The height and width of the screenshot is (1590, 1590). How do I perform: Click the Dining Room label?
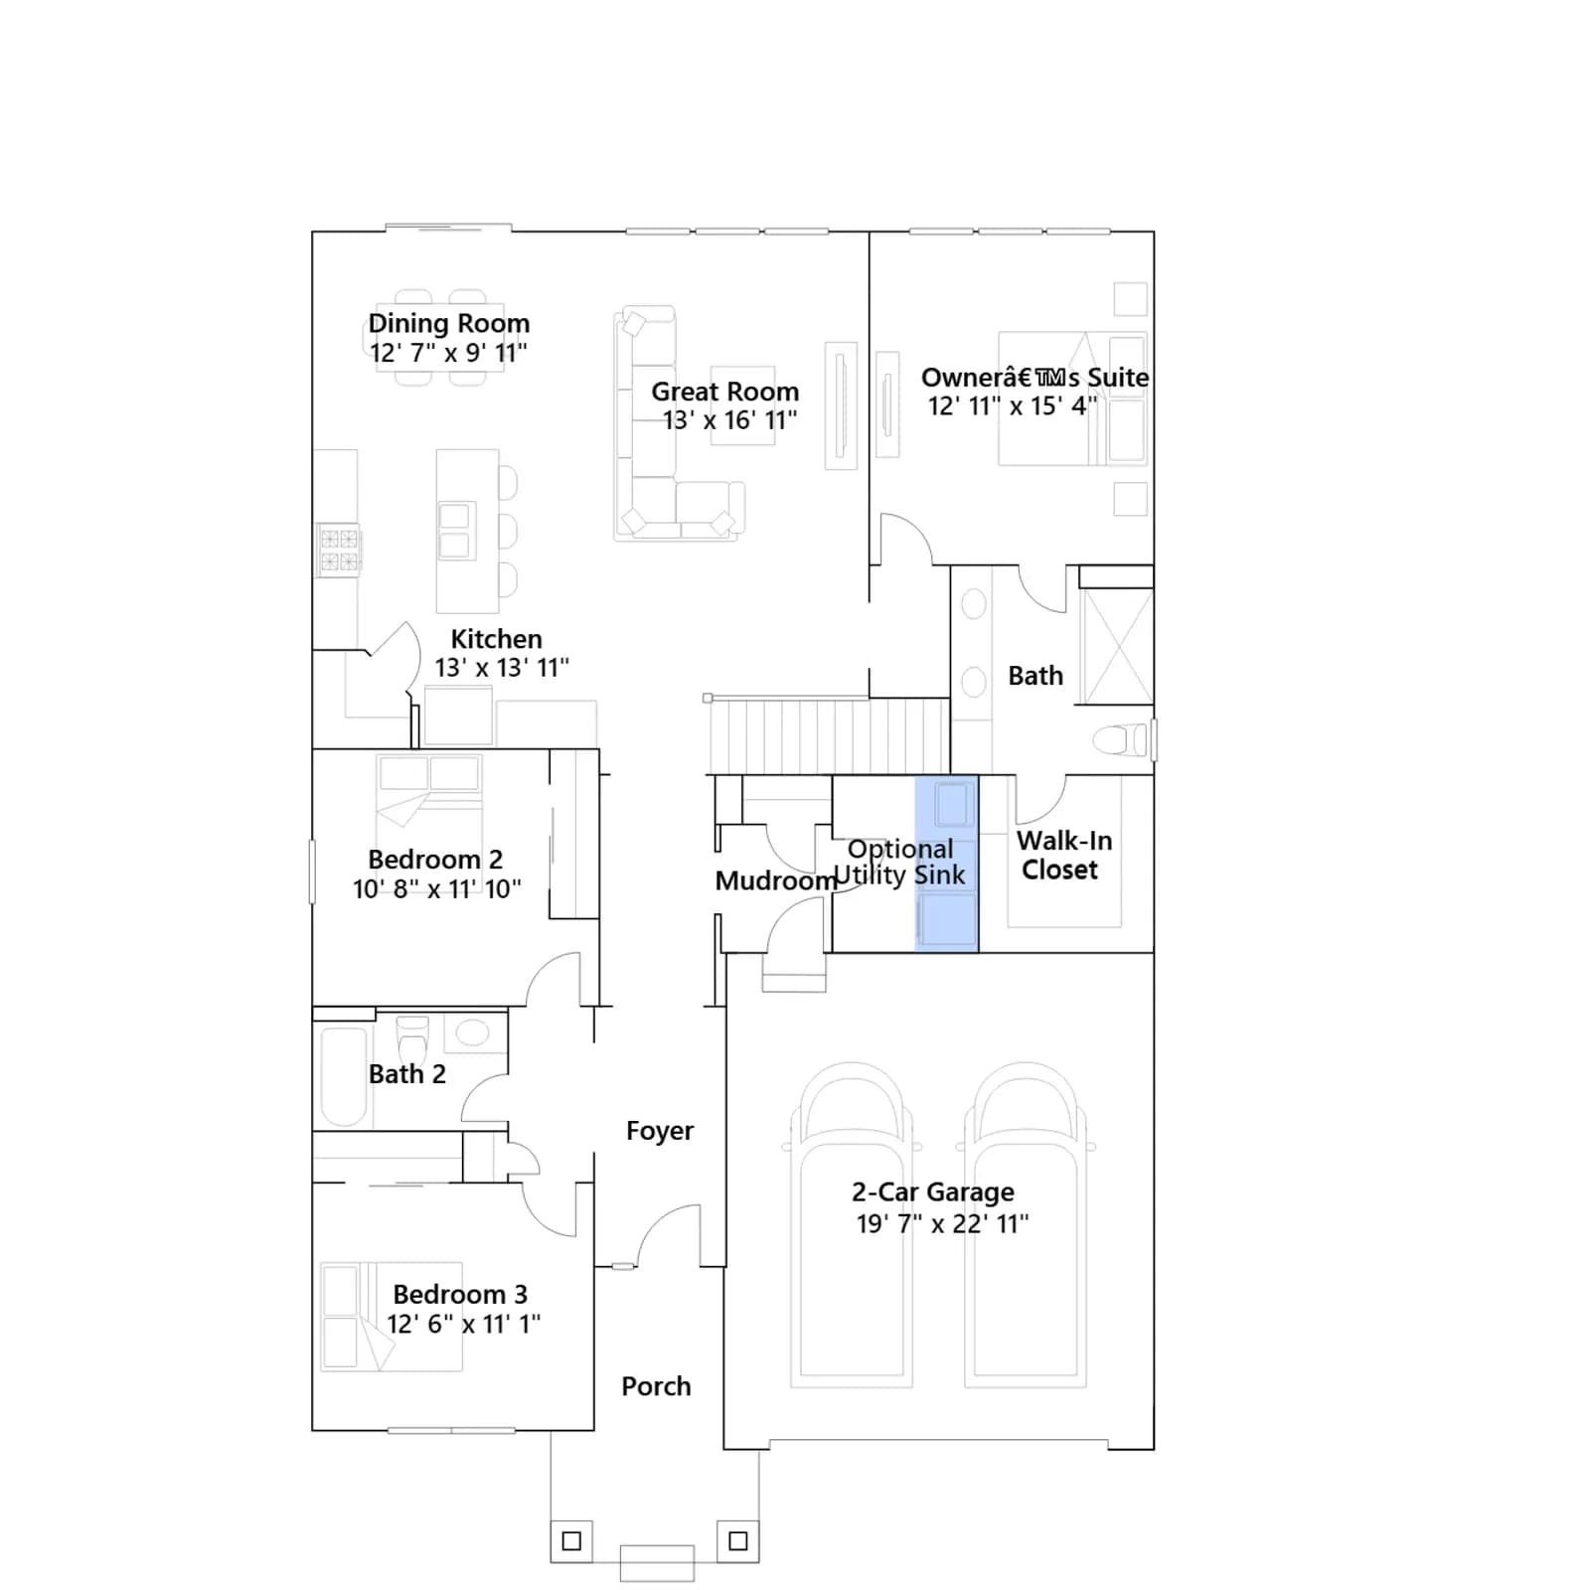point(449,323)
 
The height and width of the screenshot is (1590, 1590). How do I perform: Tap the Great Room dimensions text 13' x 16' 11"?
point(729,420)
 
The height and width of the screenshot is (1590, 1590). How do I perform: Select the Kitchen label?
point(496,639)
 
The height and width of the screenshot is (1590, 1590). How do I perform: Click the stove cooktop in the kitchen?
point(339,551)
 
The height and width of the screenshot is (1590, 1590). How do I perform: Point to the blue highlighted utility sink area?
point(946,864)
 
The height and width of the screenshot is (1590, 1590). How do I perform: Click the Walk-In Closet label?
point(1063,855)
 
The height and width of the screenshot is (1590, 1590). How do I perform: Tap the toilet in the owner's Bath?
point(1122,740)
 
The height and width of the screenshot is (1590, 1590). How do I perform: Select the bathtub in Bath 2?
point(344,1075)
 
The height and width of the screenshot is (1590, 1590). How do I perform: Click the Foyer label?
point(660,1131)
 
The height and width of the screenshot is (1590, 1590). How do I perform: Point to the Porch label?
point(656,1386)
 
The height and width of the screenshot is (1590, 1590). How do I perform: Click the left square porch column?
point(571,1541)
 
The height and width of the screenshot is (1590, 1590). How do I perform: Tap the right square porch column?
point(738,1541)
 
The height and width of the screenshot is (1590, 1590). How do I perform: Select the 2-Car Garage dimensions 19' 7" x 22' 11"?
point(942,1224)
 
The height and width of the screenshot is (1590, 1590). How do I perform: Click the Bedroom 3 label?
point(460,1294)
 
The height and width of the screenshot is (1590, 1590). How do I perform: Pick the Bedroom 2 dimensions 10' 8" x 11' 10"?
point(437,888)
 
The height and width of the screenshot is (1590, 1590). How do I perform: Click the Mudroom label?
point(776,880)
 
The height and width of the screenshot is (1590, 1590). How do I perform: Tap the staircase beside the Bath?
point(828,735)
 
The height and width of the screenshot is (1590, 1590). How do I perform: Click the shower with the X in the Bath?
point(1116,647)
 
